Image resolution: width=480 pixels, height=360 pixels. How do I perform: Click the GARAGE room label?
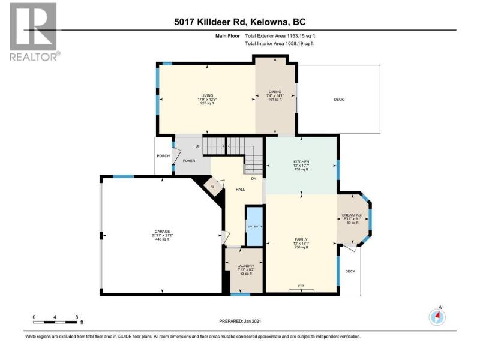(x=162, y=232)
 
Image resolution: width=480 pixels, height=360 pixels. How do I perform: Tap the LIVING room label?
(x=207, y=95)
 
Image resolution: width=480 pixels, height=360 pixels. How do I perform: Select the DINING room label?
(x=275, y=92)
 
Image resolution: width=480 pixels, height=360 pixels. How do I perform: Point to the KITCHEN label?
(x=301, y=161)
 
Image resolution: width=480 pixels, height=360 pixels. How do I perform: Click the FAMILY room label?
(x=301, y=239)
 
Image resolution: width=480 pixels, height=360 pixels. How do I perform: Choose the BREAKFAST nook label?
(x=352, y=215)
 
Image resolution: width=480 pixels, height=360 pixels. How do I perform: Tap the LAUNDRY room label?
(x=246, y=266)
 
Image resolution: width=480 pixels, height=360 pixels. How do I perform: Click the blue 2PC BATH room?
(x=254, y=226)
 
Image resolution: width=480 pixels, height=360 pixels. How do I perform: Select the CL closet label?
(x=212, y=187)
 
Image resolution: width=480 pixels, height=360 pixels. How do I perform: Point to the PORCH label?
(x=163, y=156)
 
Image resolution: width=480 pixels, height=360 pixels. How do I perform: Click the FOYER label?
(x=189, y=161)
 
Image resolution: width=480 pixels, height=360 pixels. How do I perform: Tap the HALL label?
(x=241, y=190)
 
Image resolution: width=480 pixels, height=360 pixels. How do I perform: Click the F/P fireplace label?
(x=301, y=286)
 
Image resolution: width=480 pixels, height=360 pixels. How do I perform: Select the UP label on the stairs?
(x=198, y=146)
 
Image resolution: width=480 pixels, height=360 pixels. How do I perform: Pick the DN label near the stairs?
(x=253, y=178)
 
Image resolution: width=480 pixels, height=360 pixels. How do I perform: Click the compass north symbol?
(x=437, y=316)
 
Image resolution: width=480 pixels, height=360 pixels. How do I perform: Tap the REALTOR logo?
(x=34, y=32)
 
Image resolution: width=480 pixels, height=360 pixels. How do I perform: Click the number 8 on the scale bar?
(x=77, y=317)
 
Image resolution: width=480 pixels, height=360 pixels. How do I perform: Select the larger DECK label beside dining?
(x=339, y=100)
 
